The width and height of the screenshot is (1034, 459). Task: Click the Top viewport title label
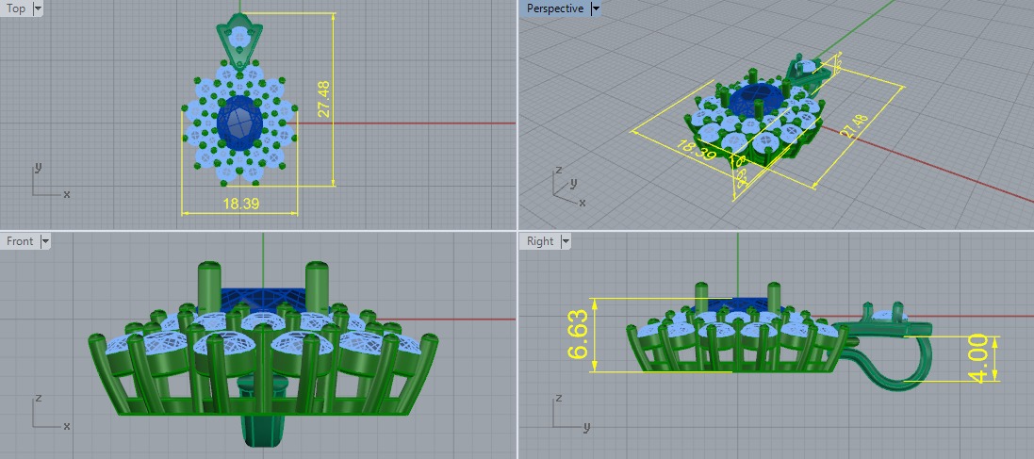click(x=16, y=8)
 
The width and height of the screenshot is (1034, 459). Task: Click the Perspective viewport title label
click(x=553, y=8)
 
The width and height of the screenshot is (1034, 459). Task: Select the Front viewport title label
click(x=20, y=241)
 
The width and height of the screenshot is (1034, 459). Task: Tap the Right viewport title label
click(x=540, y=241)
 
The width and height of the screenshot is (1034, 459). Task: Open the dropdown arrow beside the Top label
click(x=38, y=8)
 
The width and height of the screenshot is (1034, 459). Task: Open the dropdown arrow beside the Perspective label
click(x=595, y=8)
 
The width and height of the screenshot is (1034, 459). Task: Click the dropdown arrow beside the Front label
click(x=45, y=241)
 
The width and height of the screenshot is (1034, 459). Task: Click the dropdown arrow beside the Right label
click(x=566, y=241)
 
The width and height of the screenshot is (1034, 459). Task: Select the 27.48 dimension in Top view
click(x=323, y=98)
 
